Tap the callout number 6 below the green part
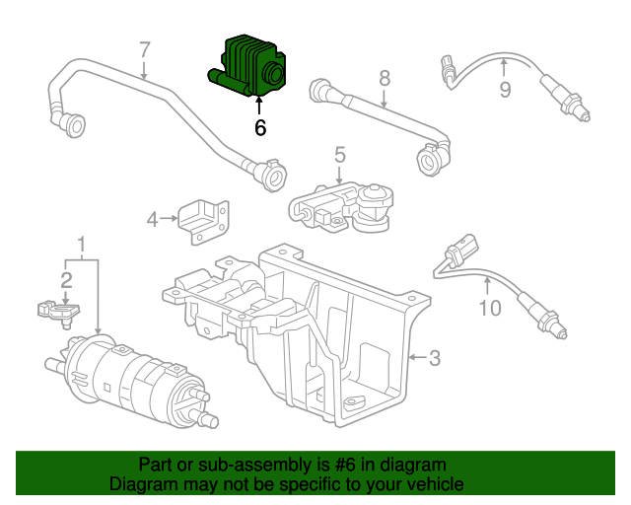[x=260, y=127]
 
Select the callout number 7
[x=144, y=48]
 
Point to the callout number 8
[x=384, y=77]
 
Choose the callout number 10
[x=490, y=308]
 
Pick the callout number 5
[x=339, y=154]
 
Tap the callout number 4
[x=153, y=219]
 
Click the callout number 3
[x=433, y=358]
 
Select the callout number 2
[x=66, y=280]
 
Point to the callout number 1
[x=82, y=243]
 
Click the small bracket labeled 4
[x=205, y=221]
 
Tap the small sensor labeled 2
[x=55, y=311]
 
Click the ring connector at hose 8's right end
[x=431, y=158]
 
